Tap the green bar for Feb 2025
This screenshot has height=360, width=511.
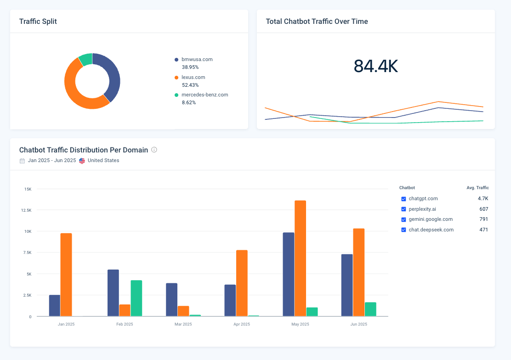pos(136,298)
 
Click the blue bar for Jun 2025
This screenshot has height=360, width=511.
pos(347,285)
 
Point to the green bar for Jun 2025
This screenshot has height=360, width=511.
pos(370,309)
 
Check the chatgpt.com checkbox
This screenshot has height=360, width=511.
pos(403,199)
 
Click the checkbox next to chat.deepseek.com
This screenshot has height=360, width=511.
pos(403,230)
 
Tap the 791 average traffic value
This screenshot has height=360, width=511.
pos(483,219)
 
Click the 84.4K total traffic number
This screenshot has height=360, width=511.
pos(375,66)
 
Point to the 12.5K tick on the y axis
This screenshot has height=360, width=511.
pos(26,210)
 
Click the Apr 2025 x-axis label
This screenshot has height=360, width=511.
pos(241,324)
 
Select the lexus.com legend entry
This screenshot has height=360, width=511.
pos(193,77)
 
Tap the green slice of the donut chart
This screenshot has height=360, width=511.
pos(85,59)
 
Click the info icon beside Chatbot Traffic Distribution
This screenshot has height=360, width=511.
pos(154,150)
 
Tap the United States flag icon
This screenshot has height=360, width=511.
pos(82,161)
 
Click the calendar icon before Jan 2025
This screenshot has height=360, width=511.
pos(22,161)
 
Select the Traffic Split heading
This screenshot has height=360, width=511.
pos(38,22)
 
